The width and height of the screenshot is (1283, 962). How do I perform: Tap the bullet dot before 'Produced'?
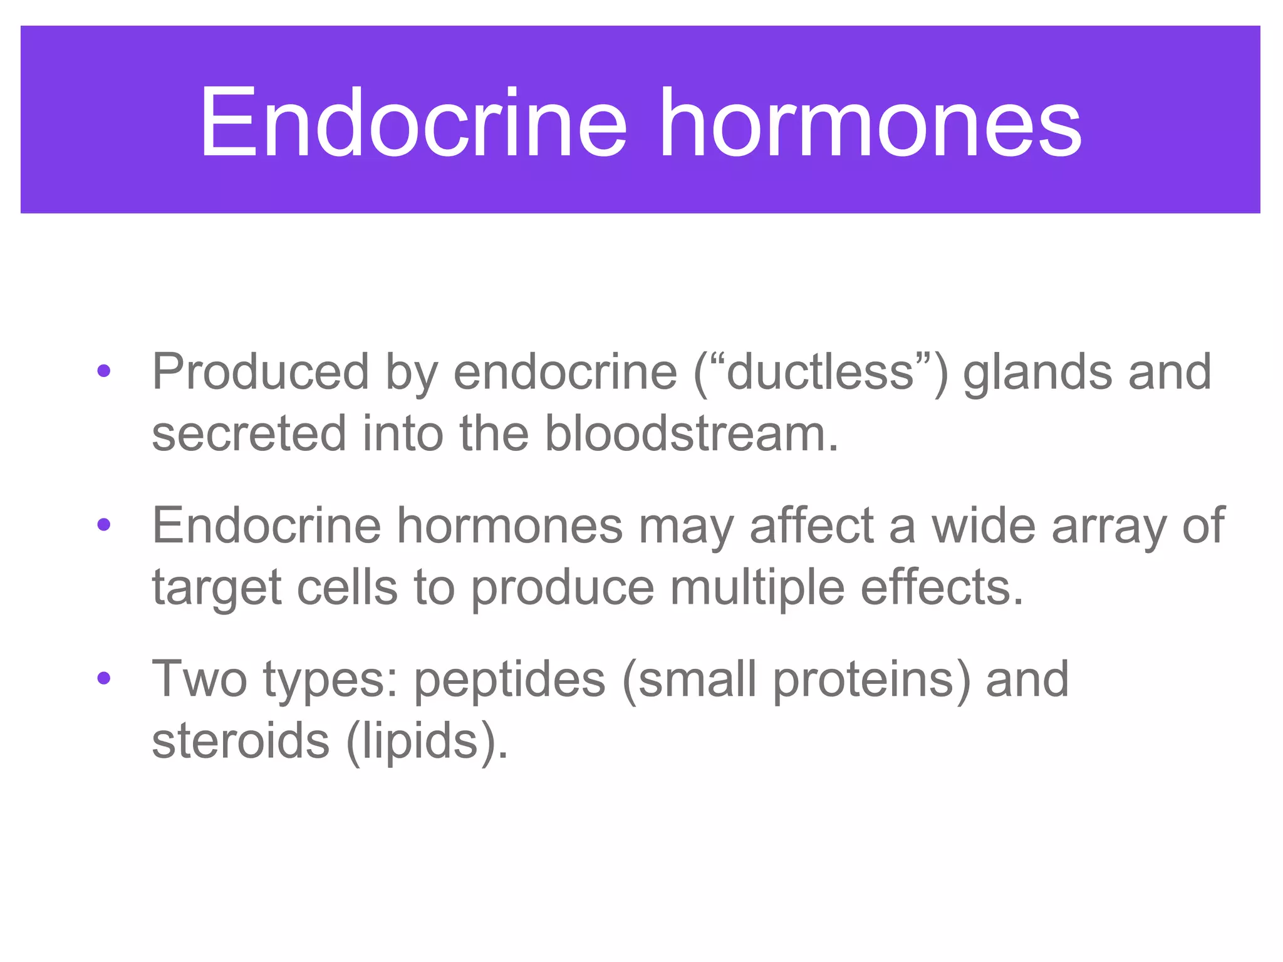coord(104,371)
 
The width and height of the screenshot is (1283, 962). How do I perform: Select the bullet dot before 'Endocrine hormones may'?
coord(104,525)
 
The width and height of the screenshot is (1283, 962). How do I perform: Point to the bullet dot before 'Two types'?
coord(104,678)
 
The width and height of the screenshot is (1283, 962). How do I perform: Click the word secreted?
coord(249,433)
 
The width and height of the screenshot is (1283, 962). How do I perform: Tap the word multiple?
coord(757,588)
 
